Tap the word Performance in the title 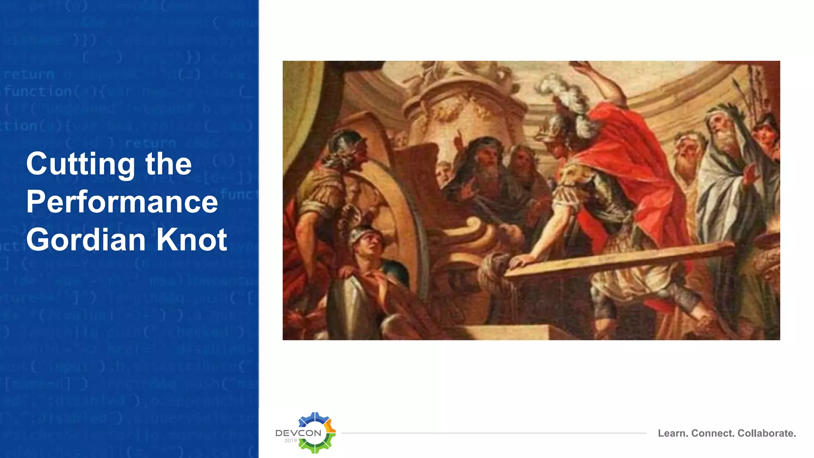point(122,202)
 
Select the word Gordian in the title point(86,240)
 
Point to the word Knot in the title point(192,240)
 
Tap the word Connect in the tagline point(713,433)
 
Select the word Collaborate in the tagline point(767,433)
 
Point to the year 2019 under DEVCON point(291,441)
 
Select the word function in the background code point(38,92)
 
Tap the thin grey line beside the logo point(493,433)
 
